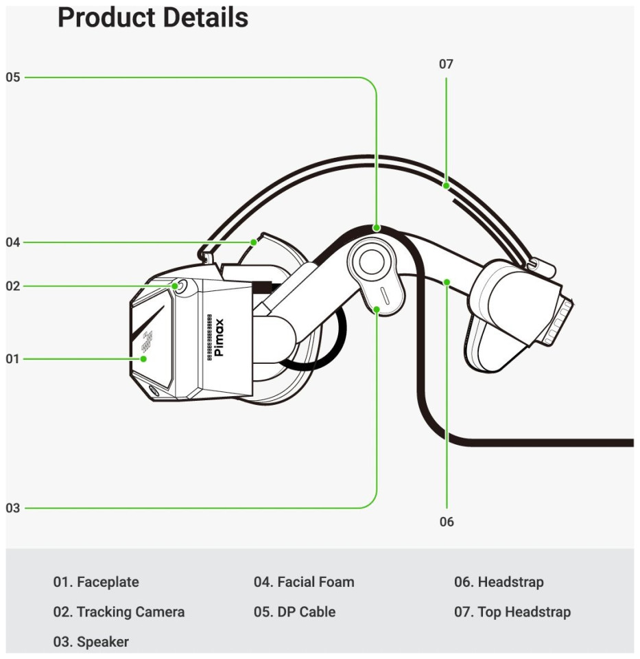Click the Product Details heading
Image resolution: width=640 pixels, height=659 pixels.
(152, 18)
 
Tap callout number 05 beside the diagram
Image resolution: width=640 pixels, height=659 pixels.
(13, 78)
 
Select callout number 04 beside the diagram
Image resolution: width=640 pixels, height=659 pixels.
(13, 242)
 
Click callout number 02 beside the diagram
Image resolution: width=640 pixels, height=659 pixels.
(13, 286)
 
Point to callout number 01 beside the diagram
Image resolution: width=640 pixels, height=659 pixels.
(13, 358)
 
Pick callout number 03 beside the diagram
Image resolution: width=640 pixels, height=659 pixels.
(13, 509)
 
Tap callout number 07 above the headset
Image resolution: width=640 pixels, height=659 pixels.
(446, 65)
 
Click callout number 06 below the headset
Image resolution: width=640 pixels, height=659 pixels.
(447, 522)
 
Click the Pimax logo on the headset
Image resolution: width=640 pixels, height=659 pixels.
(219, 338)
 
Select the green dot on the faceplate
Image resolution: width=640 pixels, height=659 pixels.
(144, 358)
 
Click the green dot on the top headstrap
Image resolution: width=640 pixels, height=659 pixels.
(446, 185)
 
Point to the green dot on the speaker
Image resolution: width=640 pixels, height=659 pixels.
(377, 310)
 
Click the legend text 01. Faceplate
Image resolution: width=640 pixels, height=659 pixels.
(96, 582)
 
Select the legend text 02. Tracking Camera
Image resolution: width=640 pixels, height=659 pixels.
(119, 612)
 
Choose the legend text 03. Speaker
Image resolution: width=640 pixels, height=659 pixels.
(91, 642)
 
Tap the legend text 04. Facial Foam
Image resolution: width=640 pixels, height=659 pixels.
(304, 582)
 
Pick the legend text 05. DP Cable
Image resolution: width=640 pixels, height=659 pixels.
(294, 612)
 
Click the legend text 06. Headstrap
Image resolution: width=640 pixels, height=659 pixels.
(499, 582)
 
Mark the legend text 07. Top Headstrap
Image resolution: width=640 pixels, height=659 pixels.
(512, 612)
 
